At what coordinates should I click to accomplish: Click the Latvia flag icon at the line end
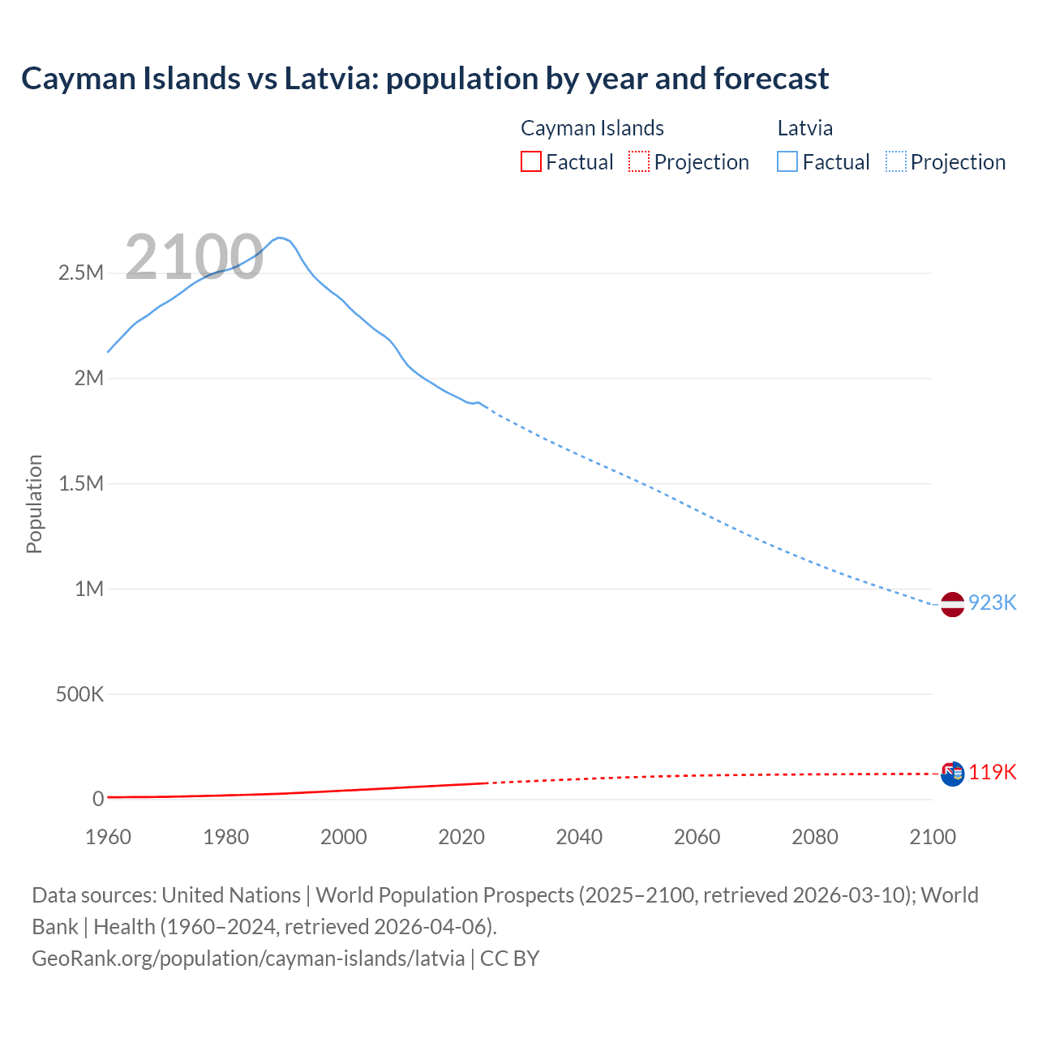(952, 603)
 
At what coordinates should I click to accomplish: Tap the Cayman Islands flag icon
(952, 773)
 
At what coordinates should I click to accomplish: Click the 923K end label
(992, 603)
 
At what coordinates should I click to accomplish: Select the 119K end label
(992, 771)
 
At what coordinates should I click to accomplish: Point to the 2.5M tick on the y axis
(81, 272)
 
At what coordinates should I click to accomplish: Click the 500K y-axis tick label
(79, 694)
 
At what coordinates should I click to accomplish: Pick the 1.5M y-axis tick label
(81, 483)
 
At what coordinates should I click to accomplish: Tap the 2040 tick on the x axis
(579, 837)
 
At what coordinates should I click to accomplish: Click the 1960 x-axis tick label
(108, 837)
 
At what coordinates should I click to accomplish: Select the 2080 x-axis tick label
(814, 837)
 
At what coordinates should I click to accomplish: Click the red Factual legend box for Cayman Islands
(531, 161)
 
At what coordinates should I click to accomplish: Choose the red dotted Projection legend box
(639, 161)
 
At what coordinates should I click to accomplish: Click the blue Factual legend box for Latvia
(787, 161)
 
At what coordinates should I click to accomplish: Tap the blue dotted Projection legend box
(895, 161)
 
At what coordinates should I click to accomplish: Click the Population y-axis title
(34, 504)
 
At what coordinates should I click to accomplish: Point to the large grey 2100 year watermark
(194, 257)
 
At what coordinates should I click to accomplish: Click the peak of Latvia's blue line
(279, 238)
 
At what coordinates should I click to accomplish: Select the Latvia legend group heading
(804, 128)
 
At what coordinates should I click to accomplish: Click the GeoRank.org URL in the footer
(248, 958)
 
